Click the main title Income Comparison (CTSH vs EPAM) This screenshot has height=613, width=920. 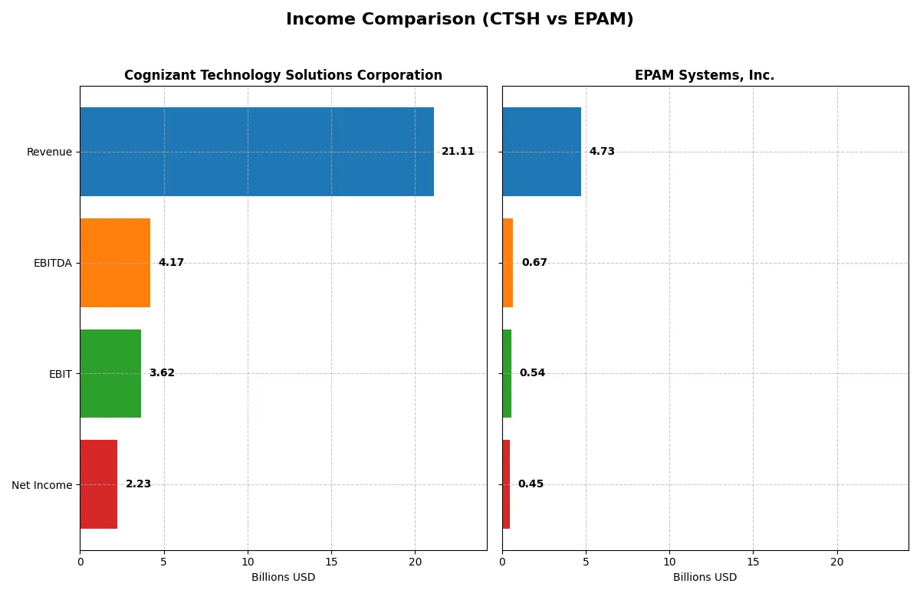click(x=459, y=20)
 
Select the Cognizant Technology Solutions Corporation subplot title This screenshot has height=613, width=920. click(x=283, y=76)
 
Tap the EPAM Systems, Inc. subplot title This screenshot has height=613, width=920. click(x=704, y=76)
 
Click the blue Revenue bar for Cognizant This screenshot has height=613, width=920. click(x=256, y=152)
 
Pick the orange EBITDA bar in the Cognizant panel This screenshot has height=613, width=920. click(x=115, y=263)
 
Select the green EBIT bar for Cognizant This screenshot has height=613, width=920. click(x=110, y=373)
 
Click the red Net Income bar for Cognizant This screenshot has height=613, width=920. click(x=98, y=484)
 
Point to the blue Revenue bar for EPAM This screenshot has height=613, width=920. click(x=541, y=152)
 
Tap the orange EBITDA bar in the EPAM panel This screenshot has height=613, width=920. click(x=508, y=263)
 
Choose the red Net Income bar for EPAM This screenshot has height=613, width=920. click(x=506, y=484)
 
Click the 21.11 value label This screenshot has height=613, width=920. click(x=458, y=152)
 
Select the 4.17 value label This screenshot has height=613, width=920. click(x=171, y=263)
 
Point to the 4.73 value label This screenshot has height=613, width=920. click(x=602, y=152)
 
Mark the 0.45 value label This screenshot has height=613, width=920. click(x=531, y=484)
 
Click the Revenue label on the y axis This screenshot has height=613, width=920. click(x=49, y=152)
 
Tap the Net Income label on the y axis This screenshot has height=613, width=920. click(x=42, y=485)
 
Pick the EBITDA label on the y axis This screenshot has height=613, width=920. click(x=52, y=263)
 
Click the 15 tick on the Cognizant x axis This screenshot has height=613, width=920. click(x=331, y=562)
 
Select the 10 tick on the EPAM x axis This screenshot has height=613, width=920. click(x=669, y=562)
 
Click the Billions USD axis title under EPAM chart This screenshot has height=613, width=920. click(x=705, y=578)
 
